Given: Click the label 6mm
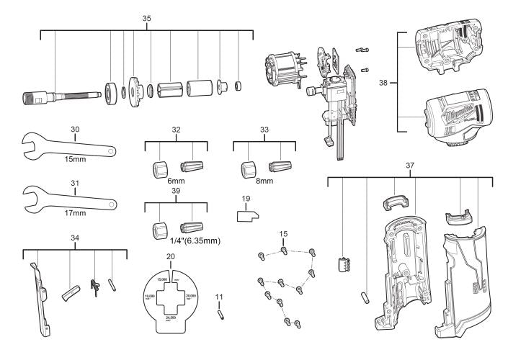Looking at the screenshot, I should [x=176, y=182].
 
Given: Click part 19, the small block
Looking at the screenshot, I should [x=247, y=215].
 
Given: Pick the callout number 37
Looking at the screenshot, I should [x=409, y=166].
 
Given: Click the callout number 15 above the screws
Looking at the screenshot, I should [x=284, y=235].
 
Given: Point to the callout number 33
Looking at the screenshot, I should [x=264, y=130].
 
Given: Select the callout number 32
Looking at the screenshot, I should [x=175, y=130].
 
